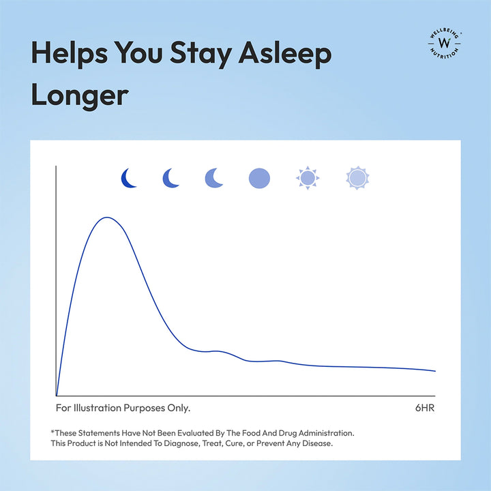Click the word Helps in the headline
point(69,53)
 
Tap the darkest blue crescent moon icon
point(128,178)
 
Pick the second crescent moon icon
point(170,178)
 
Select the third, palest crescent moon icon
point(213,178)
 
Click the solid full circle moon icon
point(259,178)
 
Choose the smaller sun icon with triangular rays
point(308,178)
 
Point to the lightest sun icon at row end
point(357,178)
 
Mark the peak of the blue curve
point(107,218)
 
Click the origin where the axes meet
point(56,396)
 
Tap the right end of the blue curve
point(435,371)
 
